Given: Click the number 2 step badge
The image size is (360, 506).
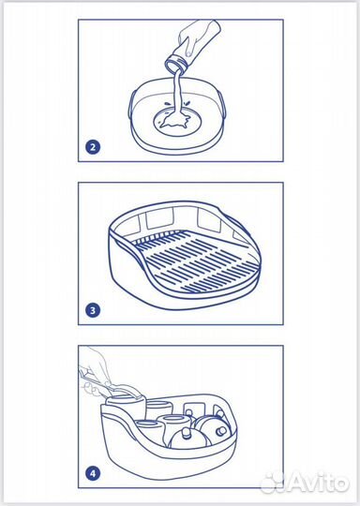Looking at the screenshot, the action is pyautogui.click(x=93, y=147).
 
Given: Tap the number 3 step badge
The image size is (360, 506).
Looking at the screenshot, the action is pyautogui.click(x=93, y=310).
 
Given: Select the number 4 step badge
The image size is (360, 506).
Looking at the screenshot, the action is pyautogui.click(x=93, y=474).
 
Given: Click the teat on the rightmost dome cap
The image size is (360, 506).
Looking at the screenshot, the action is pyautogui.click(x=222, y=430).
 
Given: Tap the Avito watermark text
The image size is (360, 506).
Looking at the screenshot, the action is pyautogui.click(x=318, y=483).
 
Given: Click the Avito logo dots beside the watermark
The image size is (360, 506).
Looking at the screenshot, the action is pyautogui.click(x=272, y=483).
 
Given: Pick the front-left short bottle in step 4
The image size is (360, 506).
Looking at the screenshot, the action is pyautogui.click(x=146, y=432).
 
